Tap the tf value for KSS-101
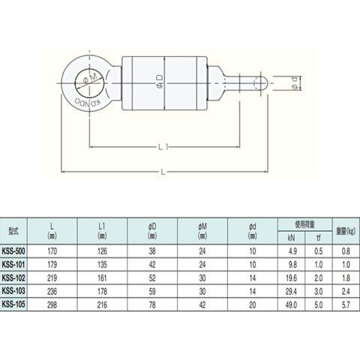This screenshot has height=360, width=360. click(319, 264)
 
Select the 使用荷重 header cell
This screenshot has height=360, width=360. click(304, 224)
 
